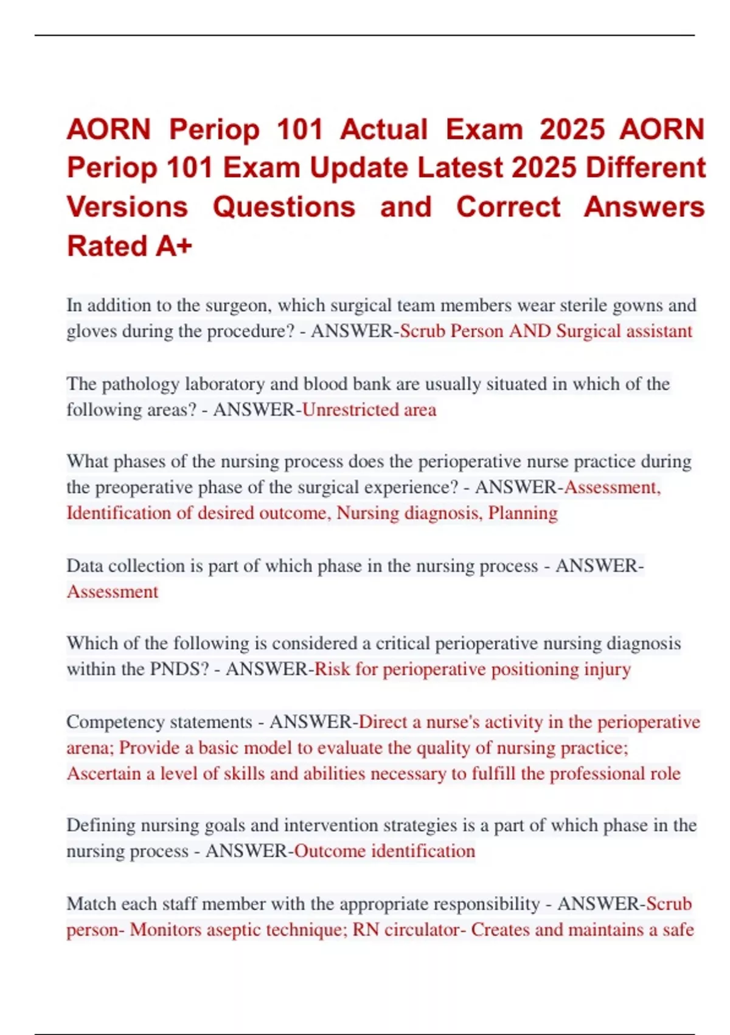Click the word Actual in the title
[383, 130]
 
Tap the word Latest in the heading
[464, 168]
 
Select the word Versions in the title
[127, 207]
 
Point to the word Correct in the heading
[508, 207]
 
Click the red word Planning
[523, 513]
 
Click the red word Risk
[332, 669]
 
